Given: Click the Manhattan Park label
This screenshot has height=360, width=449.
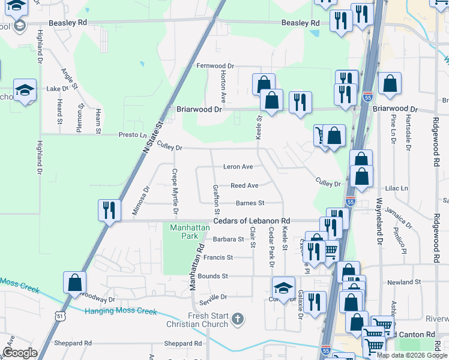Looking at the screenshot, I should pyautogui.click(x=184, y=232).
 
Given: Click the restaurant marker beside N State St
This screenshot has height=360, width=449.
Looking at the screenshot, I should pyautogui.click(x=109, y=210).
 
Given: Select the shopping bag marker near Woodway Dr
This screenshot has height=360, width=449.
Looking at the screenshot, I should pyautogui.click(x=74, y=283).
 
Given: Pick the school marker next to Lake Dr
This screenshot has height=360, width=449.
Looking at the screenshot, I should pyautogui.click(x=25, y=90).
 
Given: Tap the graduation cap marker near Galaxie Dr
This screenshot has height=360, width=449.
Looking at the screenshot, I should pyautogui.click(x=283, y=288).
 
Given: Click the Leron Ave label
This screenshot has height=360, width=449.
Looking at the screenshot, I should pyautogui.click(x=238, y=167).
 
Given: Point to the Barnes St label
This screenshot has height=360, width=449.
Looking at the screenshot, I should pyautogui.click(x=250, y=203).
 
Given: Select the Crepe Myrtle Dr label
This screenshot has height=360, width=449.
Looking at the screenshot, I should pyautogui.click(x=175, y=191).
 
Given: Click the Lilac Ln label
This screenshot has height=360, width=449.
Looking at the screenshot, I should pyautogui.click(x=396, y=188).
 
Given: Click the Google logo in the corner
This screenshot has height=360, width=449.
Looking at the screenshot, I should pyautogui.click(x=20, y=353).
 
